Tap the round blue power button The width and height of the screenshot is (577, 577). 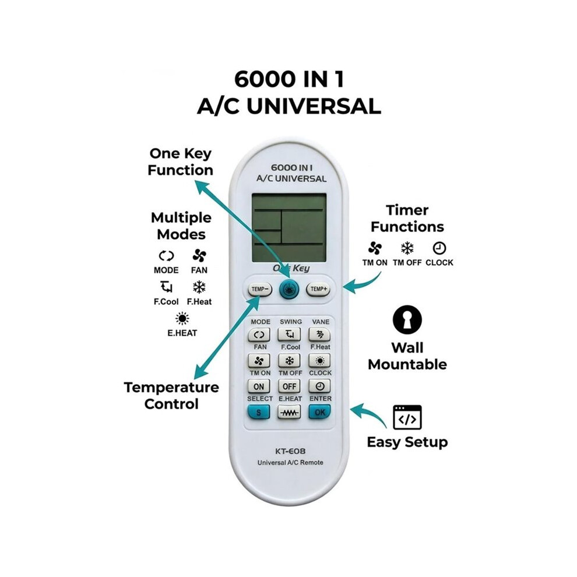pos(290,290)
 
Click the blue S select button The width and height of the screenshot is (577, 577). pos(258,412)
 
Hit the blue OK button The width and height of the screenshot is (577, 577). pos(319,412)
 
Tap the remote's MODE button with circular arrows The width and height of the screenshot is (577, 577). pos(259,335)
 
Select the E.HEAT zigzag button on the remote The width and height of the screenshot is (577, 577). pos(289,412)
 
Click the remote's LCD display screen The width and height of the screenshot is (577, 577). pos(289,228)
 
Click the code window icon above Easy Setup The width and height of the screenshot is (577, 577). pos(407,417)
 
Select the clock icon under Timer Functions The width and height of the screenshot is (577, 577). pos(439,248)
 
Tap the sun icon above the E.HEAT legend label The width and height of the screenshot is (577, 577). pos(182,319)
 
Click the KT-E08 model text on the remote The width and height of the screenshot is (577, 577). pos(290,451)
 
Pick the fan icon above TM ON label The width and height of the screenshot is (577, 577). pos(375,248)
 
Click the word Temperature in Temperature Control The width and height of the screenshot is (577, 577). pos(171,388)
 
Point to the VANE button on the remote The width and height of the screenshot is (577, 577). pos(319,335)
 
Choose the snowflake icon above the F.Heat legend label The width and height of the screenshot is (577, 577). pos(199,287)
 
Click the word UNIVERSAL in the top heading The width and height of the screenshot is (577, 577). pos(314,107)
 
